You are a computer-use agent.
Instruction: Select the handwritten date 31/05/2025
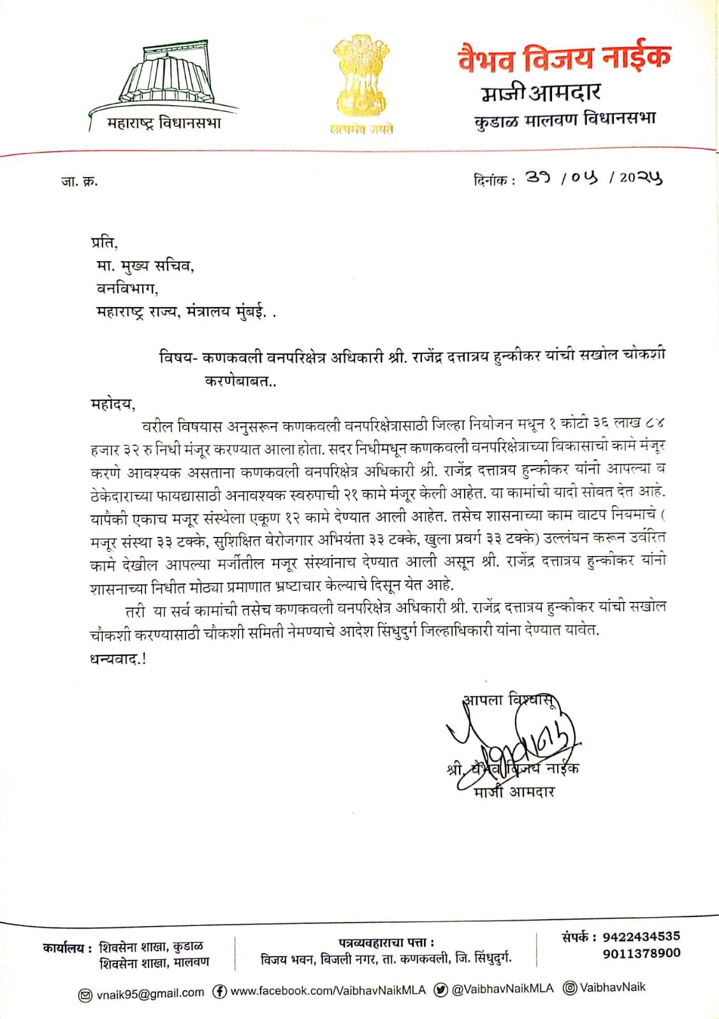tap(593, 180)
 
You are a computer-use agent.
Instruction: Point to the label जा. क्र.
tap(75, 181)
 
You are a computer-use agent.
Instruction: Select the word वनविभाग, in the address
tap(127, 289)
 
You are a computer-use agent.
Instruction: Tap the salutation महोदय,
tap(113, 404)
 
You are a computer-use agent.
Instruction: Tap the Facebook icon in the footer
tap(219, 992)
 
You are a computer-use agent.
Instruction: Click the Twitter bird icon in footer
tap(440, 990)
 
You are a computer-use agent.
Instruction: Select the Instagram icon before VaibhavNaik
tap(570, 988)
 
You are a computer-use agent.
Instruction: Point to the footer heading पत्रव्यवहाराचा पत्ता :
tap(386, 942)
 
